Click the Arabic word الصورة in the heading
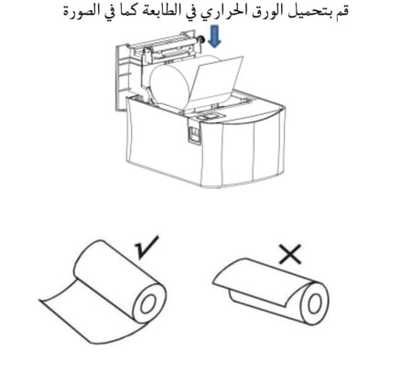coord(101,14)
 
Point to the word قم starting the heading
coord(337,14)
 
